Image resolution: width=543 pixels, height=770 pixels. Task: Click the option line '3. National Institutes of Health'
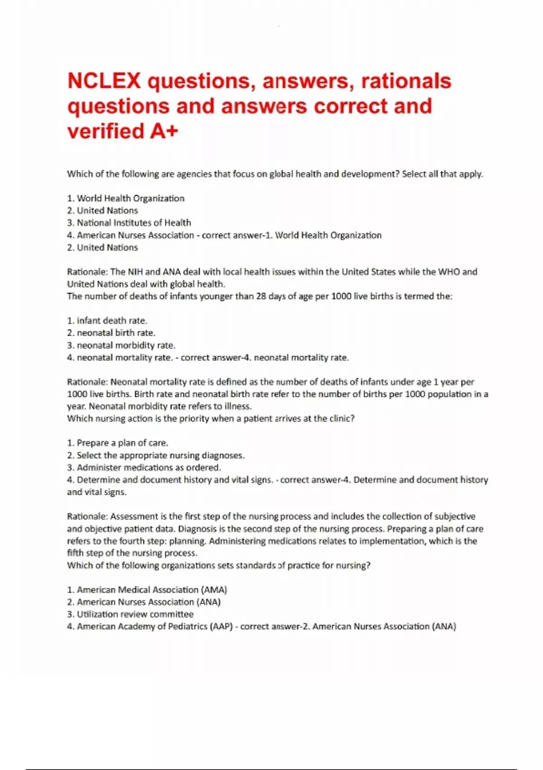pos(129,223)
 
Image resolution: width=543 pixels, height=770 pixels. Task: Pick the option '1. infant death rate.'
pos(107,321)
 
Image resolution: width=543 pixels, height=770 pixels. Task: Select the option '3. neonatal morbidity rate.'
pos(121,345)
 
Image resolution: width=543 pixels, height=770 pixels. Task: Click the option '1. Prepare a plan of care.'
pos(118,443)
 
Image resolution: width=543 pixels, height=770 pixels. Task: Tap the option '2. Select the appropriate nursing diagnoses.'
pos(156,455)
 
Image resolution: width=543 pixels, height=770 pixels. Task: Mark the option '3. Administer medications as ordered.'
pos(144,467)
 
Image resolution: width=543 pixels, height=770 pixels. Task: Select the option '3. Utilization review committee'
pos(130,614)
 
